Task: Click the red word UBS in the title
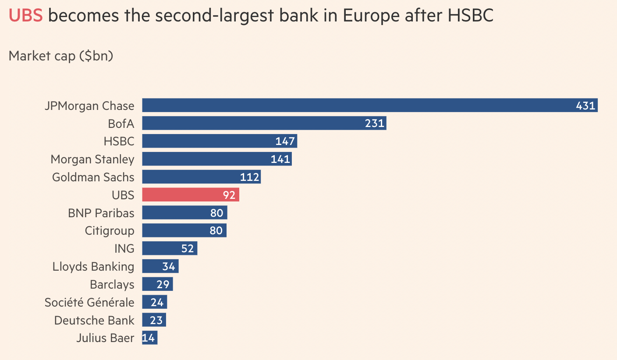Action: (x=25, y=16)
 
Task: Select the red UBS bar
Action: (x=190, y=195)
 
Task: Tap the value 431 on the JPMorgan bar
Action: (x=585, y=106)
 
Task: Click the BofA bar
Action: (x=264, y=124)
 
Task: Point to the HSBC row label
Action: (x=119, y=141)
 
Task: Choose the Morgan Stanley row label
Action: (x=92, y=159)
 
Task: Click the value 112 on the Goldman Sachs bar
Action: (x=250, y=177)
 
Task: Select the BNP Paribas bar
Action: (x=184, y=213)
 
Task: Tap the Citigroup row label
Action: (x=110, y=230)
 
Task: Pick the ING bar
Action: (x=170, y=248)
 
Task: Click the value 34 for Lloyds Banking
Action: (x=169, y=266)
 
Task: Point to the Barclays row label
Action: (x=112, y=284)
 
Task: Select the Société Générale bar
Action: (x=154, y=302)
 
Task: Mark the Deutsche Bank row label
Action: (x=94, y=320)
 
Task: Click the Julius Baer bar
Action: (x=149, y=338)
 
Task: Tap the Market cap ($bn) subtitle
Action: (x=61, y=56)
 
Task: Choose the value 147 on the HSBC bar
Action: (x=285, y=141)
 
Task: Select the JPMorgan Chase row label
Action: (x=89, y=106)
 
